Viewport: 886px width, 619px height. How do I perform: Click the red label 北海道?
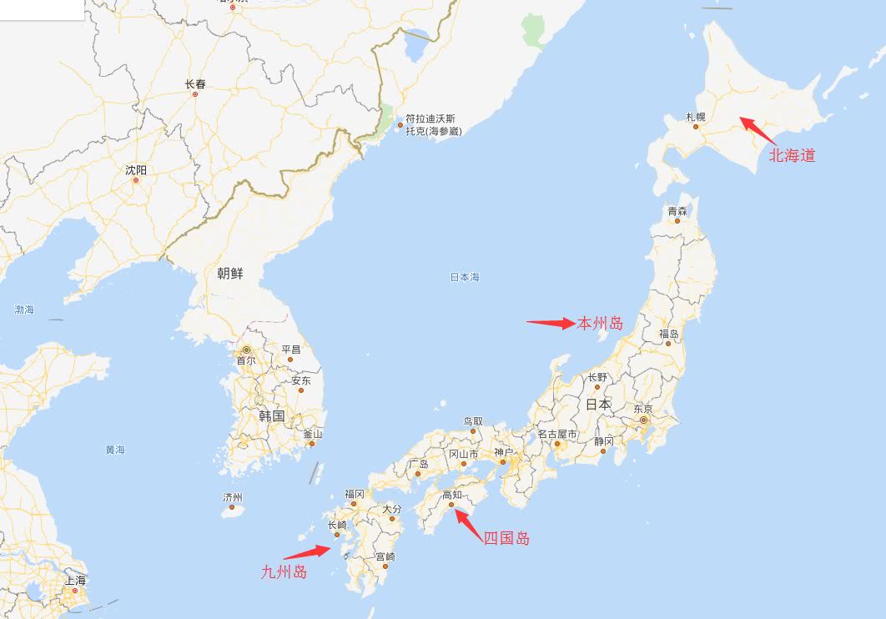[792, 155]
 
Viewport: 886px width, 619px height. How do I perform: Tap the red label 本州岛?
[600, 324]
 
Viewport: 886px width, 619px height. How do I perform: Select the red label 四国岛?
[506, 538]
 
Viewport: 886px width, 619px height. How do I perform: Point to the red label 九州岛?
[284, 571]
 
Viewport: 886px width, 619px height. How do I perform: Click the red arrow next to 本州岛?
[550, 323]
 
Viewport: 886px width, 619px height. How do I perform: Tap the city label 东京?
[642, 410]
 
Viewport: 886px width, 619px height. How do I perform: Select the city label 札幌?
[695, 117]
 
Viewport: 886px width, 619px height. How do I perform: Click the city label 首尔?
[245, 360]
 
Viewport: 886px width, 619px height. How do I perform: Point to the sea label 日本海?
[465, 277]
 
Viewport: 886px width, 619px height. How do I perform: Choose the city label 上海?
[75, 580]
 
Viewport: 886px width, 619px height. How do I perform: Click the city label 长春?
[194, 84]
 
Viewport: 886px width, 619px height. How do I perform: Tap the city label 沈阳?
[135, 169]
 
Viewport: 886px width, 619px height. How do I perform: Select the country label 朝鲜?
[230, 273]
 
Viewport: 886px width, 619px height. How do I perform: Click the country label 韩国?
[271, 415]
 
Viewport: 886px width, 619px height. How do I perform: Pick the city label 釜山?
[312, 434]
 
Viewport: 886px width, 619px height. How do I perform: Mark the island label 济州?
[232, 496]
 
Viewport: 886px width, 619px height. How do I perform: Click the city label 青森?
[677, 211]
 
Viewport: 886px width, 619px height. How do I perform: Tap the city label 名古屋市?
[556, 434]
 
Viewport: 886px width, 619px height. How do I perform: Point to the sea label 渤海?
[24, 309]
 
